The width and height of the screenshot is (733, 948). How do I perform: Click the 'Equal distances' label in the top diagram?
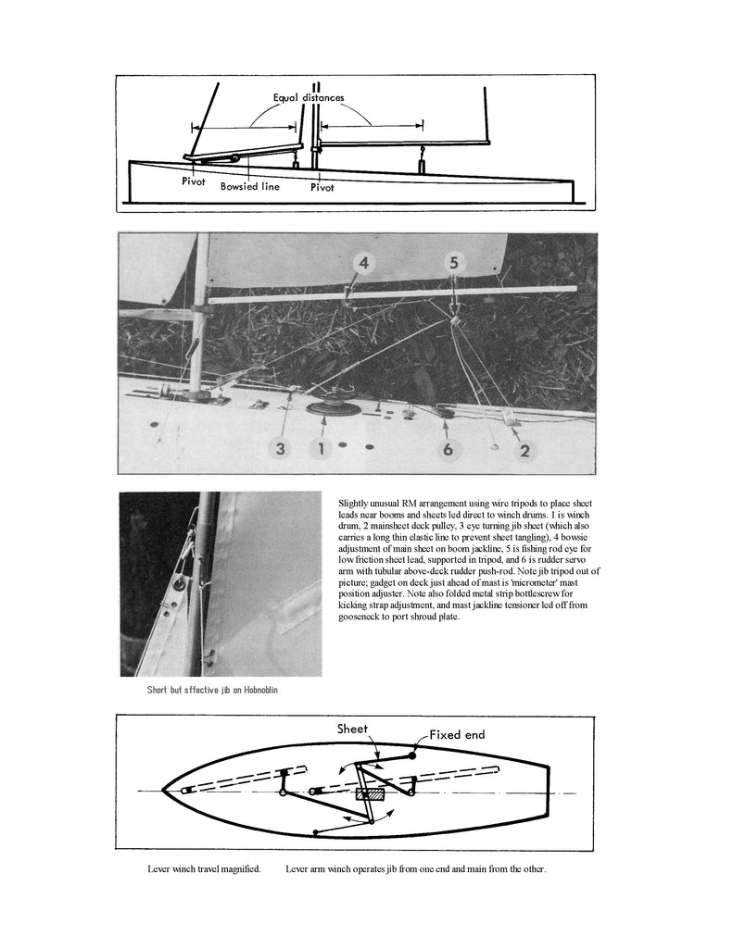pos(308,97)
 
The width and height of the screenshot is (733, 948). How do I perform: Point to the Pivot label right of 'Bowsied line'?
pos(322,187)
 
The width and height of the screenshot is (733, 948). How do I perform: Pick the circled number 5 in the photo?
pos(453,262)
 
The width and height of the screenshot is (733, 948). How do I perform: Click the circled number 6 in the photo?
pos(447,449)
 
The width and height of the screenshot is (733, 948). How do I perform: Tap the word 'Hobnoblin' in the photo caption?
pos(253,691)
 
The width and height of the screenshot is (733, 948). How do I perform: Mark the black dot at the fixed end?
pos(412,755)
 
